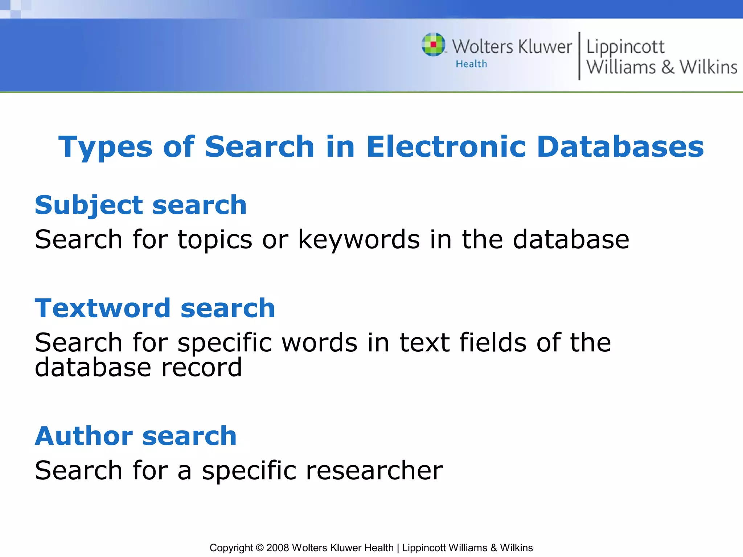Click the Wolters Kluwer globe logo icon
[433, 45]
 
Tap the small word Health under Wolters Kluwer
[471, 64]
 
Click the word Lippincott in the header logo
[625, 47]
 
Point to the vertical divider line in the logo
[579, 56]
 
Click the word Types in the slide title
[105, 147]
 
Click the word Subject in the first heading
[89, 206]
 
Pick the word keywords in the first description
[359, 240]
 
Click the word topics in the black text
[215, 240]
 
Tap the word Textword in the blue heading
[102, 308]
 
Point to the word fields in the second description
[493, 342]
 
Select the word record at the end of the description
[201, 368]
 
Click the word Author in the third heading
[84, 436]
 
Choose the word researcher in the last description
[374, 471]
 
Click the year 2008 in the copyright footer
[278, 548]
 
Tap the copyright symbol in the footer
[259, 548]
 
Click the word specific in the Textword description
[225, 343]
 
